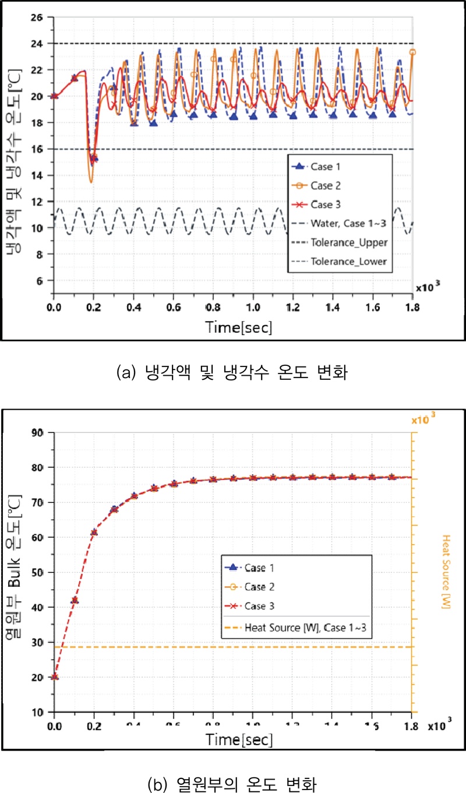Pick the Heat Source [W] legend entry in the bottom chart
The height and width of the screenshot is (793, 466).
coord(305,628)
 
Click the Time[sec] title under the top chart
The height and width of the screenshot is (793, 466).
coord(239,327)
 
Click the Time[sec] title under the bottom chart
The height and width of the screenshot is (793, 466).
coord(239,739)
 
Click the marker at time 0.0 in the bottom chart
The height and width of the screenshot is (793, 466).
coord(55,676)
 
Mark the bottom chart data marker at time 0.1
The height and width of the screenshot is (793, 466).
coord(75,600)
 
